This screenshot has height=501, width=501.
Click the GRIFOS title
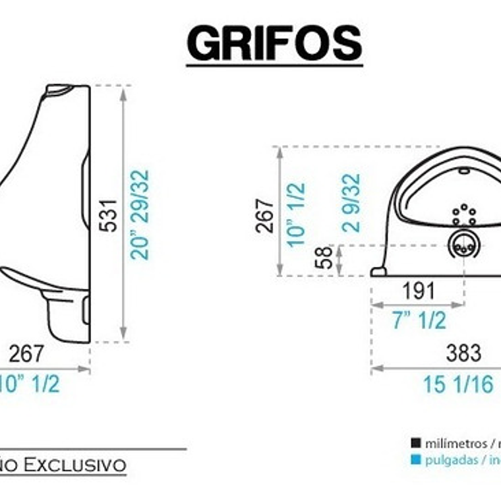pos(274,44)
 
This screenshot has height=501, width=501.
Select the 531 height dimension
pos(111,215)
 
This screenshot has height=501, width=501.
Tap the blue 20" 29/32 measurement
pos(139,215)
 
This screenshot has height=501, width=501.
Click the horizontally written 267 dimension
pos(26,354)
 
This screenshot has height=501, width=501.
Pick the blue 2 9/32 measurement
pos(351,202)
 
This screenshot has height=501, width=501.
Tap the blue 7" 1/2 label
pos(419,320)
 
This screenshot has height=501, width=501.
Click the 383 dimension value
pos(463,353)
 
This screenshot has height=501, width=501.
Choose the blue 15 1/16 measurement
pos(457,384)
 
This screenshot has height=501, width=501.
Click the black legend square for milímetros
pos(415,443)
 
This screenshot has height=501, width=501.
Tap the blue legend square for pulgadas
pos(415,460)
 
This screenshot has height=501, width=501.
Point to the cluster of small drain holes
pos(464,214)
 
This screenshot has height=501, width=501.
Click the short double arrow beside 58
pos(339,259)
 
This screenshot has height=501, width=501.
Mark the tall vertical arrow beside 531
pos(123,214)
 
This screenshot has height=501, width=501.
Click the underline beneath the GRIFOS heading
pos(274,65)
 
